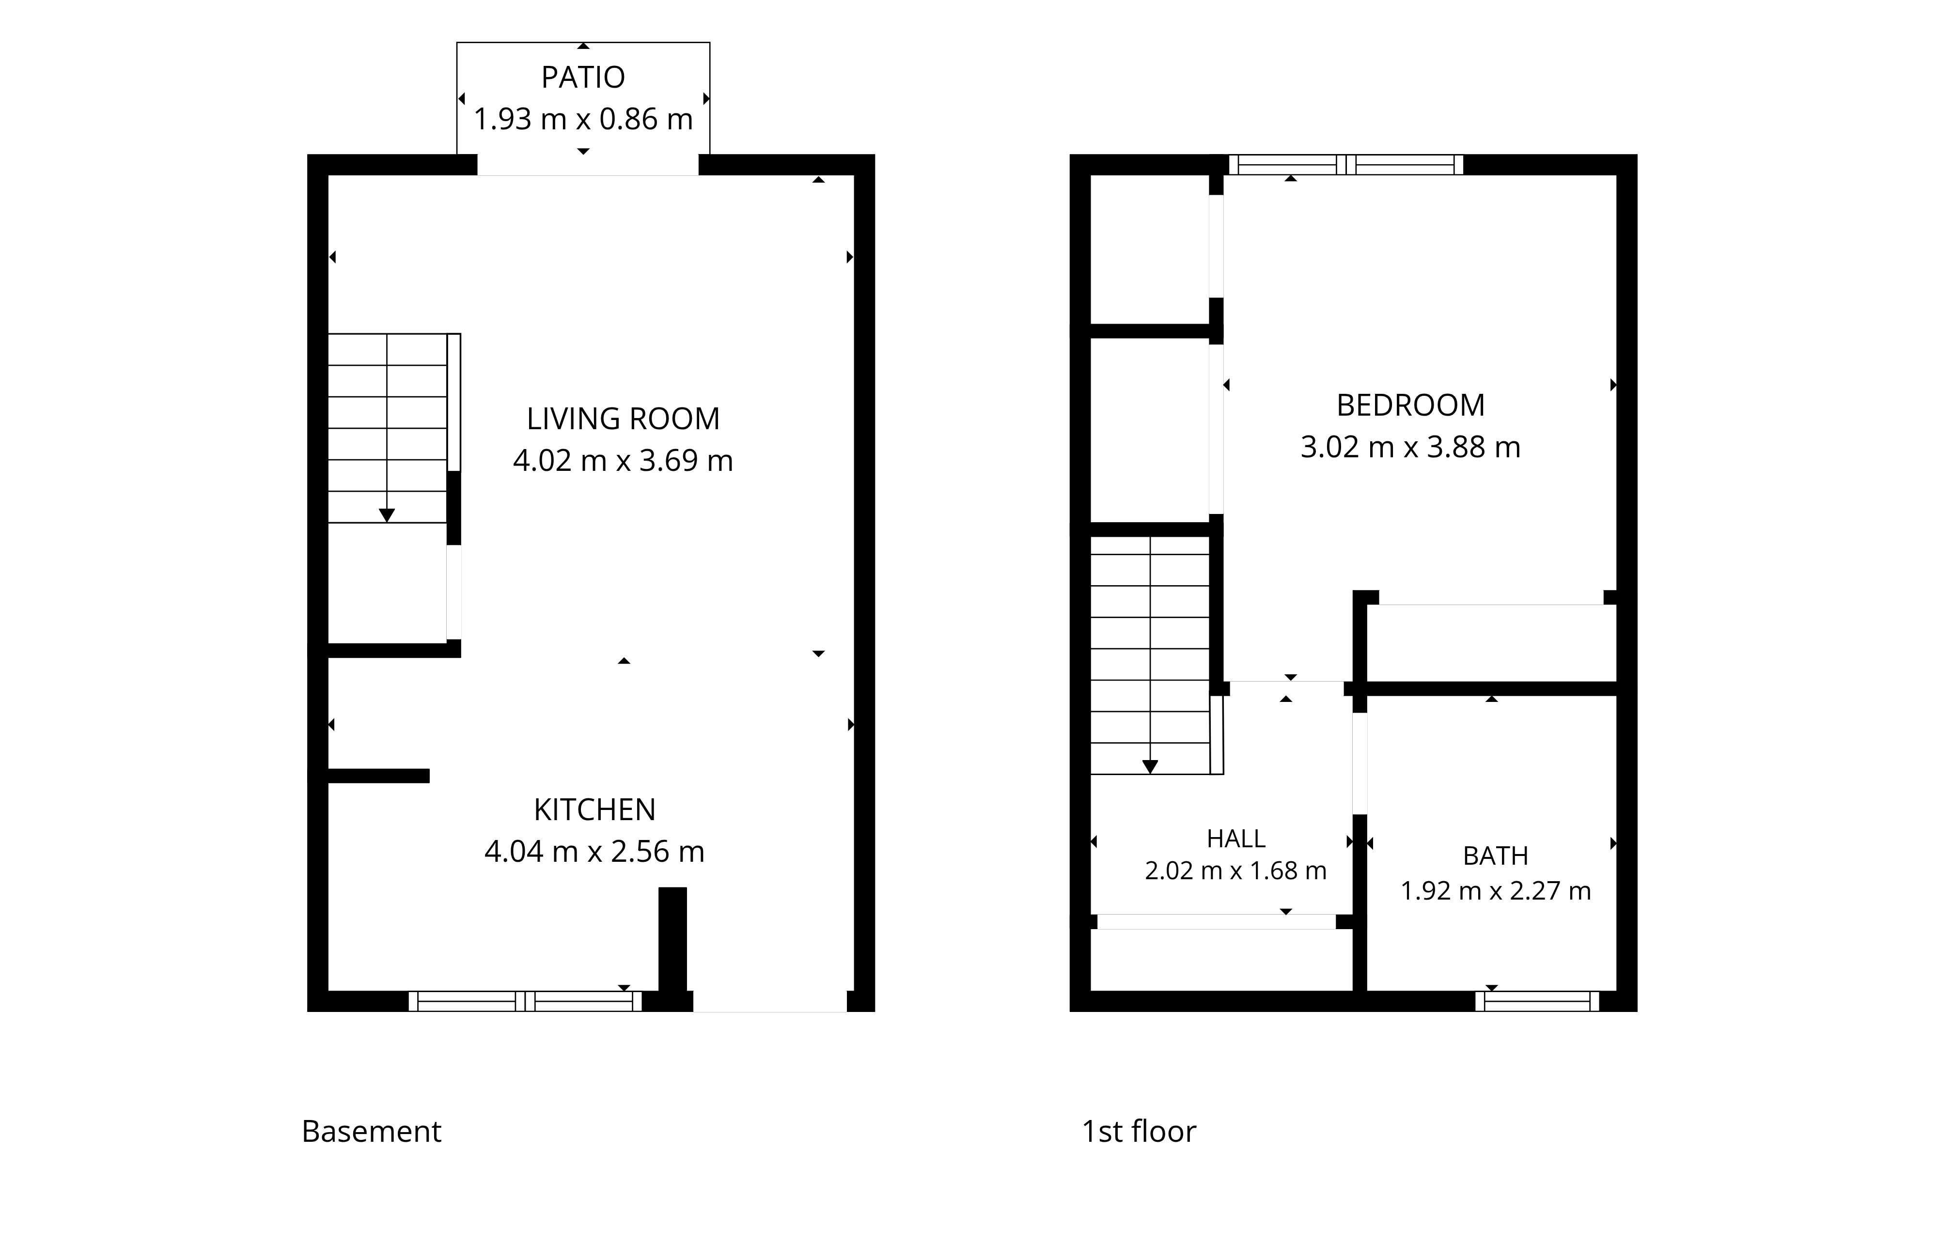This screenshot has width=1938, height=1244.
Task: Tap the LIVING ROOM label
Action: click(x=623, y=419)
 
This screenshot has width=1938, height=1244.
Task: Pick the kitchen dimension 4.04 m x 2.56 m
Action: click(x=594, y=852)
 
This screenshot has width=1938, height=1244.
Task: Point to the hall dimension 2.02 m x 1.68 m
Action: click(x=1236, y=871)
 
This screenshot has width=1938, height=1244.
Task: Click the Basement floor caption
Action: click(x=372, y=1132)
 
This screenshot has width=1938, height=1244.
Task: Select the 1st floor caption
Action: click(x=1139, y=1132)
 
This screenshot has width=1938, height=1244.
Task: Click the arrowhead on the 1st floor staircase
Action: click(x=1150, y=767)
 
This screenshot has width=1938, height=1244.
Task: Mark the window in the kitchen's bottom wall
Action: click(x=525, y=1002)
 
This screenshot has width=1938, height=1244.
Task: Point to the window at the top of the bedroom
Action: click(x=1346, y=165)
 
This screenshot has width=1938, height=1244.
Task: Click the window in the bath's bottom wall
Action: click(x=1537, y=1002)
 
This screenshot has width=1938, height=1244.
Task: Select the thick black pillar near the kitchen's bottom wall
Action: click(x=673, y=939)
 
